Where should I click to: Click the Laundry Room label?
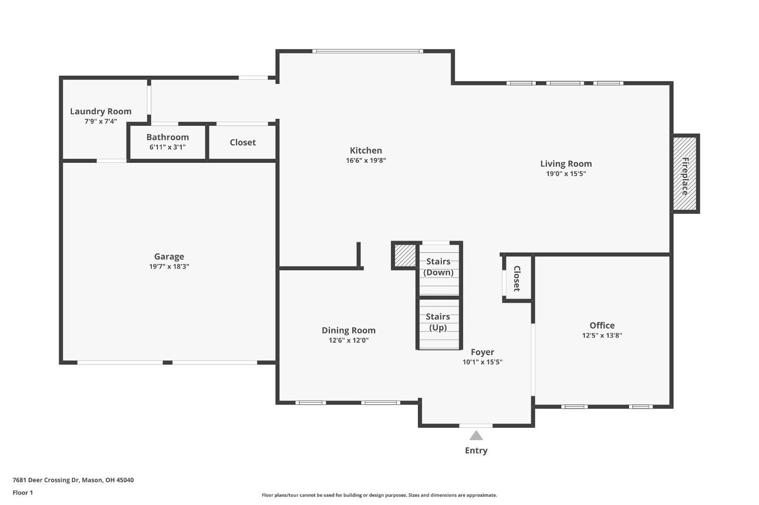[x=101, y=111]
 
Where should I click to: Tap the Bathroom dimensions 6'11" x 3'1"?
[x=167, y=147]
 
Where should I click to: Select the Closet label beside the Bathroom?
[x=242, y=143]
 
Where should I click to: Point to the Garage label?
[x=169, y=257]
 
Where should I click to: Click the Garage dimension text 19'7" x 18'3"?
[x=169, y=267]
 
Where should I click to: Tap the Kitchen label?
[x=366, y=151]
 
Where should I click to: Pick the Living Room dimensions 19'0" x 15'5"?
[x=566, y=174]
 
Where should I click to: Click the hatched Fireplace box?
[x=685, y=173]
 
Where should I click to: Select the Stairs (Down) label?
[x=438, y=267]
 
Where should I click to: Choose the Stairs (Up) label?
[x=438, y=322]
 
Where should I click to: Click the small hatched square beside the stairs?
[x=405, y=256]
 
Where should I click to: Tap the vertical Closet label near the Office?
[x=517, y=279]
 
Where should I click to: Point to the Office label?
[x=602, y=326]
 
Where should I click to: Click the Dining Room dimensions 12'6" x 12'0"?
[x=348, y=341]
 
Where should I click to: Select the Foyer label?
[x=482, y=352]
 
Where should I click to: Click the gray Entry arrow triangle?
[x=476, y=436]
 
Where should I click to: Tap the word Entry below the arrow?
[x=476, y=451]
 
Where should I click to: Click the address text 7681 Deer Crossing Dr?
[x=46, y=480]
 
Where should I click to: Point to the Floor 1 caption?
[x=23, y=493]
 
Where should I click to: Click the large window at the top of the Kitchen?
[x=368, y=52]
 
